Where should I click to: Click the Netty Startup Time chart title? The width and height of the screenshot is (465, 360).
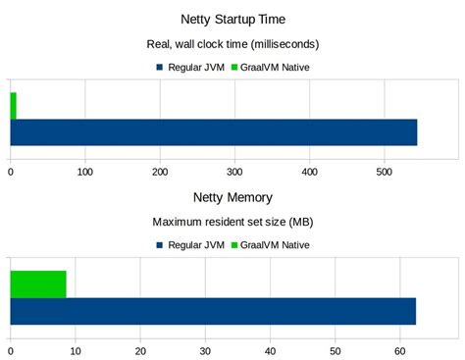click(x=232, y=19)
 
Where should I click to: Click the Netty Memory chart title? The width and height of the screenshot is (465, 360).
click(x=232, y=197)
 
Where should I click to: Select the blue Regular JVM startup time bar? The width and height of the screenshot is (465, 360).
click(x=213, y=131)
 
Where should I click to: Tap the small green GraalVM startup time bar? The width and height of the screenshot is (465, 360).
click(x=13, y=105)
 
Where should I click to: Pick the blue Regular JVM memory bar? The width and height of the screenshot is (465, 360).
click(x=213, y=310)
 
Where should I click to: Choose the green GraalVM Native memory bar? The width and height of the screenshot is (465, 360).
click(x=38, y=283)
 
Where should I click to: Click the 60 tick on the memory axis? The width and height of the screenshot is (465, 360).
click(x=400, y=350)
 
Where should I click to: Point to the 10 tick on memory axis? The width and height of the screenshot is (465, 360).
click(x=76, y=350)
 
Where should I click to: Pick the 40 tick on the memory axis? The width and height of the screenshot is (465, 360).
click(x=271, y=350)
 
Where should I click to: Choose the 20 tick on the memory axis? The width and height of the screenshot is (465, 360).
click(x=140, y=350)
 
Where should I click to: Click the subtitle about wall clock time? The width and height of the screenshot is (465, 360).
click(x=232, y=44)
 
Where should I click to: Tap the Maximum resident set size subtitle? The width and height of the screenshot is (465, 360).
click(x=232, y=222)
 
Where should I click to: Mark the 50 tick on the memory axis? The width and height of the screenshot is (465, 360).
click(x=336, y=350)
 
